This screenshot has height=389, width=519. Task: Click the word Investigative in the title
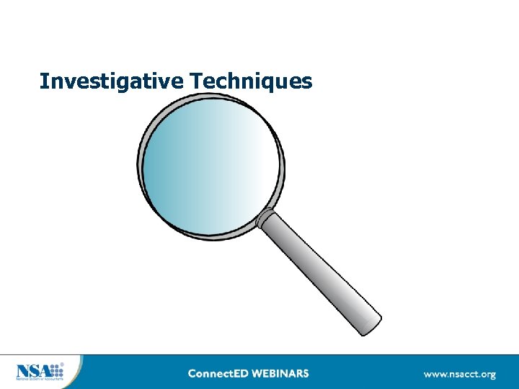point(112,81)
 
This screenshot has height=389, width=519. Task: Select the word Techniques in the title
point(252,81)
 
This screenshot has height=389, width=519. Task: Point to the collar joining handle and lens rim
point(266,218)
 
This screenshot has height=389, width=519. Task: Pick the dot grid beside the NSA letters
point(56,371)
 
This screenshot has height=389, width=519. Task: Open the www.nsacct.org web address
point(459,375)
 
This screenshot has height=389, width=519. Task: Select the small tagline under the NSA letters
point(40,380)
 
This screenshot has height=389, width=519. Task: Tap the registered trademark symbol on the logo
point(62,365)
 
